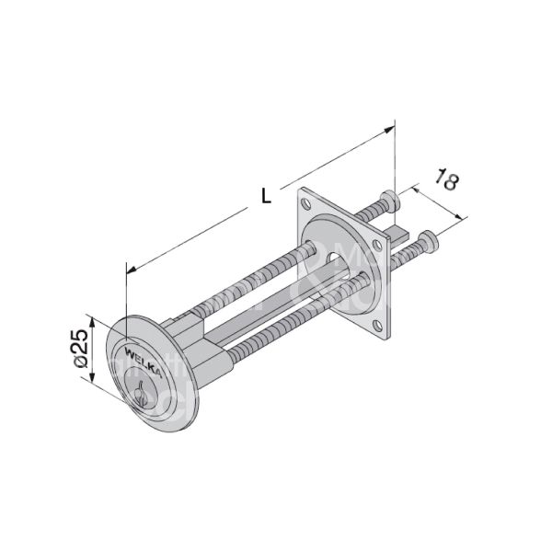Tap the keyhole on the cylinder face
(x=141, y=397)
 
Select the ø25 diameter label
(x=80, y=349)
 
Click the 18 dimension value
(x=445, y=179)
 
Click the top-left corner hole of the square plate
(x=305, y=198)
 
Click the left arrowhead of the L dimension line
(x=129, y=270)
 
